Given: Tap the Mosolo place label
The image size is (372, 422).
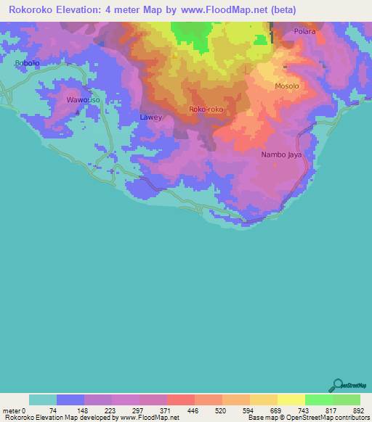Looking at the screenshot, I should click(286, 86).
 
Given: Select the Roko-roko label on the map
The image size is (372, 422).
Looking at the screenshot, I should click(206, 109).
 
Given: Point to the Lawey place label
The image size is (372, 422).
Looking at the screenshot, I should click(150, 117).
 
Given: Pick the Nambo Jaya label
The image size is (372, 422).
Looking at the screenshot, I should click(281, 155).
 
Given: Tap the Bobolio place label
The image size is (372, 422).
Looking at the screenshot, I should click(27, 63).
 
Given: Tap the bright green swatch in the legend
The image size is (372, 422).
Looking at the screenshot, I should click(318, 400).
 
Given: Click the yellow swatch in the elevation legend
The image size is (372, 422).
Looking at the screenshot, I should click(291, 400).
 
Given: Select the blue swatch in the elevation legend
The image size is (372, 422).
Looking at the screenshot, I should click(70, 400).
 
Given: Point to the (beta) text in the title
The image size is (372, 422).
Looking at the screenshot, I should click(280, 10).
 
